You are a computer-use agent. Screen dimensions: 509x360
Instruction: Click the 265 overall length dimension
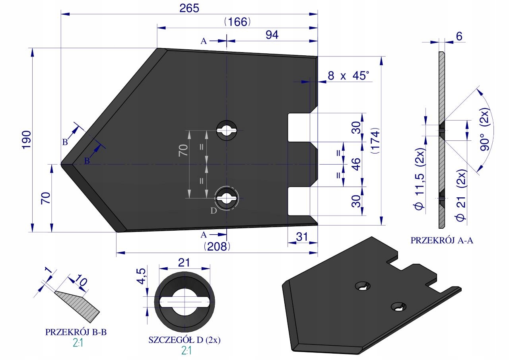(189, 8)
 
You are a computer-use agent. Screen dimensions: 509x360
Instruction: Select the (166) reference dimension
(237, 22)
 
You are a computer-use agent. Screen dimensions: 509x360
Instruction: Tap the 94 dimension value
(272, 35)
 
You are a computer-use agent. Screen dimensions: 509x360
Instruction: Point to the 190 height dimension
(26, 140)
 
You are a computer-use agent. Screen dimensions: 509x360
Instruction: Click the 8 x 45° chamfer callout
(348, 76)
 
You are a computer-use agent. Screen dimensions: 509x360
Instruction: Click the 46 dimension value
(357, 164)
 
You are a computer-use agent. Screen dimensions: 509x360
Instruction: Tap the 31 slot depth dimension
(302, 237)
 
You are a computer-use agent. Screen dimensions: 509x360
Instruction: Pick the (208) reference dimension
(217, 246)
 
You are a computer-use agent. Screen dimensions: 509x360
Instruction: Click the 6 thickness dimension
(459, 36)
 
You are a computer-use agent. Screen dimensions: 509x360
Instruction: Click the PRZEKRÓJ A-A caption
(442, 240)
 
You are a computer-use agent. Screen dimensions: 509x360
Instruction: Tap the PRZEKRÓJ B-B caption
(76, 332)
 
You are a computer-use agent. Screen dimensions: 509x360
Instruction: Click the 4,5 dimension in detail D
(141, 276)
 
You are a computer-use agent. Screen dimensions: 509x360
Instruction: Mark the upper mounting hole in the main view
(227, 130)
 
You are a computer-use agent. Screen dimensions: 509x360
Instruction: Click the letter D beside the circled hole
(214, 211)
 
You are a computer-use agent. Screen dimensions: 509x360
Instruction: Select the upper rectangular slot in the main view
(299, 128)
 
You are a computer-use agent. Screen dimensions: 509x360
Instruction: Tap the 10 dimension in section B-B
(80, 280)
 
